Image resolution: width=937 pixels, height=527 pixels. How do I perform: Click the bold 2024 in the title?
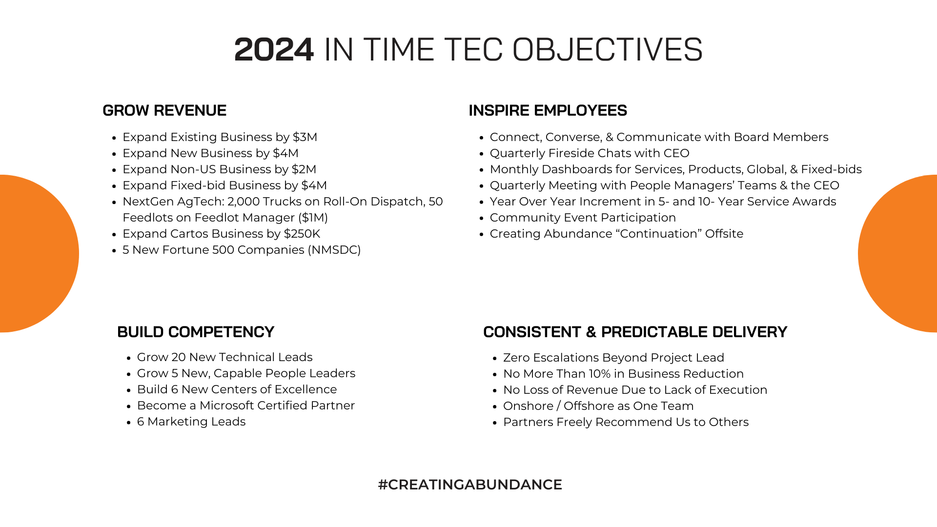(274, 50)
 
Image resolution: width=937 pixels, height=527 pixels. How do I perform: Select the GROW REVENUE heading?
(164, 111)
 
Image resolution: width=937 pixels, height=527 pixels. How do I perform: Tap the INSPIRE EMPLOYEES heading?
(548, 111)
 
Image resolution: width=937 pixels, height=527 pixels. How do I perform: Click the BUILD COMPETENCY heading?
(196, 332)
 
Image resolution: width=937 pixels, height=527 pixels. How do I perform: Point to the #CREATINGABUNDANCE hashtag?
(469, 485)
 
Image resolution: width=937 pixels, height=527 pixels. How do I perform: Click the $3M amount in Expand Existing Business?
(305, 137)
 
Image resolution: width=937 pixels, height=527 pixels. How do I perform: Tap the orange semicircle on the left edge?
(34, 254)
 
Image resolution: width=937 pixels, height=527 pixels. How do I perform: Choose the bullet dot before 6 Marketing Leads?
(129, 423)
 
